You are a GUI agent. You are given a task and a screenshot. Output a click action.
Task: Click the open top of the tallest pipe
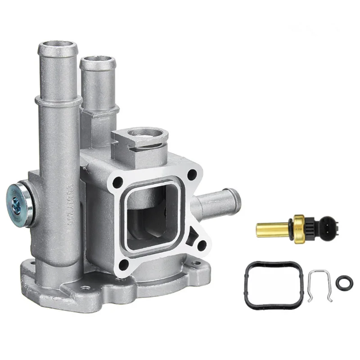tap(58, 45)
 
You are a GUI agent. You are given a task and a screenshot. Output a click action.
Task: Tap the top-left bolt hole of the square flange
tap(118, 182)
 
